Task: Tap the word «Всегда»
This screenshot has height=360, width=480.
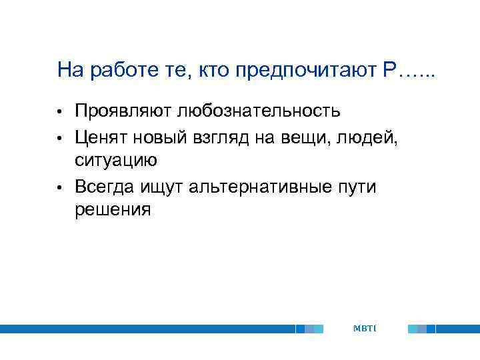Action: (107, 187)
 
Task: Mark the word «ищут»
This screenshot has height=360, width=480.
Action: (164, 187)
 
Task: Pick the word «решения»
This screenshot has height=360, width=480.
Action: (113, 211)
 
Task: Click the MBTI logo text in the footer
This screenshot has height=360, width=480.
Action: (365, 329)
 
